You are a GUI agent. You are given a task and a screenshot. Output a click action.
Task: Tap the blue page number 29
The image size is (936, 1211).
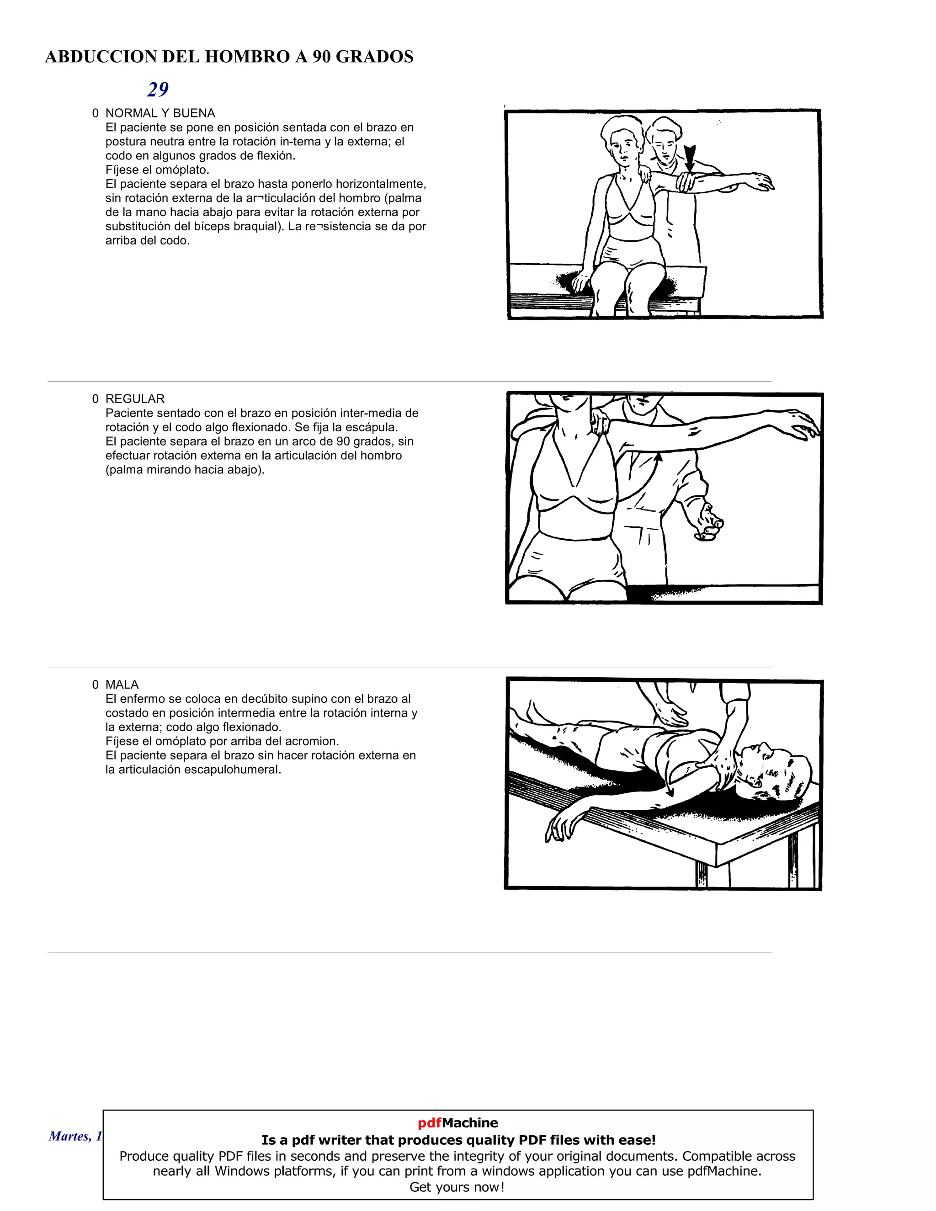click(x=158, y=89)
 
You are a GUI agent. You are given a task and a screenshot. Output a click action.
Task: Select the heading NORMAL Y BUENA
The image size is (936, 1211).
click(x=160, y=113)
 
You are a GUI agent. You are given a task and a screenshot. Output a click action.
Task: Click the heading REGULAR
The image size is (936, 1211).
click(x=135, y=398)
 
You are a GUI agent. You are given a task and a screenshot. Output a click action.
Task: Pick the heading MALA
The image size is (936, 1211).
click(x=122, y=684)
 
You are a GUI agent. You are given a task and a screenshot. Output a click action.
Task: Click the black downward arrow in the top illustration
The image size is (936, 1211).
click(x=689, y=158)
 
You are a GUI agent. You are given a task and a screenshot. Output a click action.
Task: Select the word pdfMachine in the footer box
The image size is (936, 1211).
click(x=457, y=1123)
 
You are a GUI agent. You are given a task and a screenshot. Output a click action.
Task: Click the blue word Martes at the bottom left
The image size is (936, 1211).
click(x=69, y=1136)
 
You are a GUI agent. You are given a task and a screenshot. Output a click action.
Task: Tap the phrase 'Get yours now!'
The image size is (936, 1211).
click(x=457, y=1187)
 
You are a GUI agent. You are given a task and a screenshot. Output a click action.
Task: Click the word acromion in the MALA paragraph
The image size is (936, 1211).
click(x=312, y=741)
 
